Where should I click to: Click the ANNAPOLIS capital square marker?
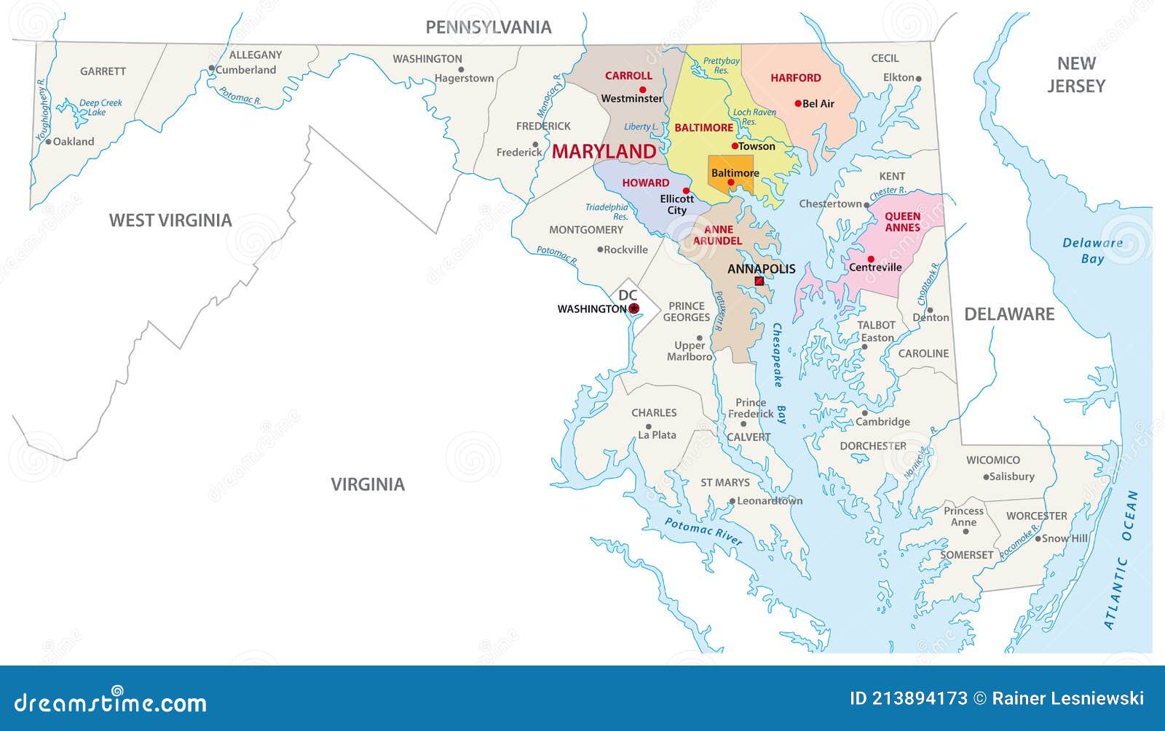click(759, 281)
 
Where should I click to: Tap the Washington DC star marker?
click(633, 308)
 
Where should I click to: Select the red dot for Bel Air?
click(798, 103)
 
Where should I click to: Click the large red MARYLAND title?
click(604, 151)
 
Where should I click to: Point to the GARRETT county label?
click(103, 71)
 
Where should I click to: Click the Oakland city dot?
click(49, 142)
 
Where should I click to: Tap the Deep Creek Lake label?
click(100, 108)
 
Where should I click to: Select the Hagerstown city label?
click(465, 79)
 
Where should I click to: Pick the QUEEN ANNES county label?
click(902, 222)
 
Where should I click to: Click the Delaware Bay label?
click(1092, 251)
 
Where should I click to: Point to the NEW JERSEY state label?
click(1076, 75)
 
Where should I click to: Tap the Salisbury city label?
click(1012, 476)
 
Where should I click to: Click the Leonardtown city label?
click(770, 500)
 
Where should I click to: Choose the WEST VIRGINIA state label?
click(170, 220)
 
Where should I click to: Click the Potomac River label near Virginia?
click(703, 532)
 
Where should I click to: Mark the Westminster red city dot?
click(642, 89)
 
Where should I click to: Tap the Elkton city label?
click(899, 77)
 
